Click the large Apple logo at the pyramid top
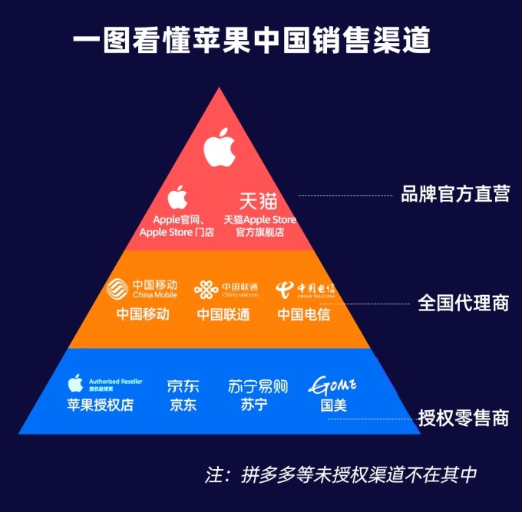(x=220, y=148)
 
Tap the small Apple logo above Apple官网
(x=177, y=198)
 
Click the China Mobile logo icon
(x=118, y=290)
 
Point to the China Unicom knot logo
(x=206, y=290)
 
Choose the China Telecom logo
(x=286, y=290)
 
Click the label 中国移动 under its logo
(x=143, y=314)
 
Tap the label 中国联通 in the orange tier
(x=223, y=314)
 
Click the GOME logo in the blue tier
(x=332, y=384)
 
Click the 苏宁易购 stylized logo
(x=258, y=386)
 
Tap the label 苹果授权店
(x=100, y=405)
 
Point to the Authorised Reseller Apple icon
(x=75, y=382)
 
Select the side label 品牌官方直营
(x=455, y=194)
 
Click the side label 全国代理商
(x=463, y=303)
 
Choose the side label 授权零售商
(x=463, y=418)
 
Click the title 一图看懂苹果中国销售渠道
(x=261, y=40)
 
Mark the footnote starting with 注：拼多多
(x=341, y=474)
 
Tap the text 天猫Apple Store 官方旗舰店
(x=259, y=226)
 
